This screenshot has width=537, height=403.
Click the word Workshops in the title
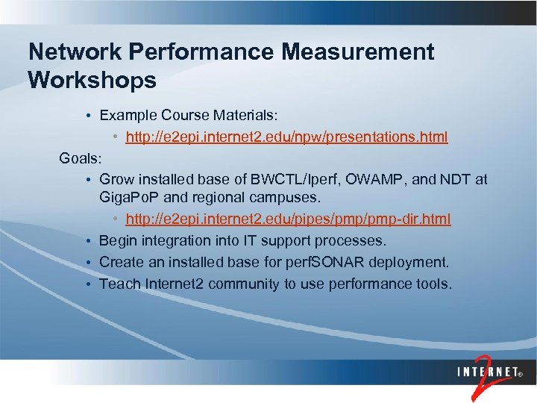coord(92,79)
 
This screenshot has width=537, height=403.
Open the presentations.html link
coord(287,137)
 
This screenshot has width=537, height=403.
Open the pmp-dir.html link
coord(289,220)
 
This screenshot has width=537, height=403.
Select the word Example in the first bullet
coord(127,116)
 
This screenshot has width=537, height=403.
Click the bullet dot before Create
coord(88,263)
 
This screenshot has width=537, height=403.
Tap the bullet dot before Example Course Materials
coord(88,117)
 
